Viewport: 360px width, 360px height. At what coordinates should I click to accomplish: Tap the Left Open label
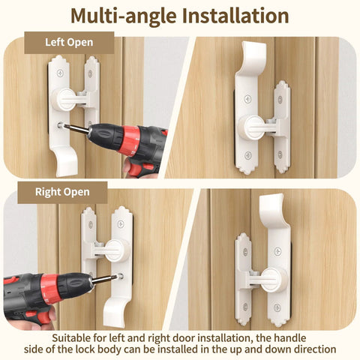(69, 42)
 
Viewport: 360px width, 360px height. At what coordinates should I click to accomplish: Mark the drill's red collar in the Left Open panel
(130, 142)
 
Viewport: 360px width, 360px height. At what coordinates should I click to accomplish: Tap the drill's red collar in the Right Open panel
(51, 289)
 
